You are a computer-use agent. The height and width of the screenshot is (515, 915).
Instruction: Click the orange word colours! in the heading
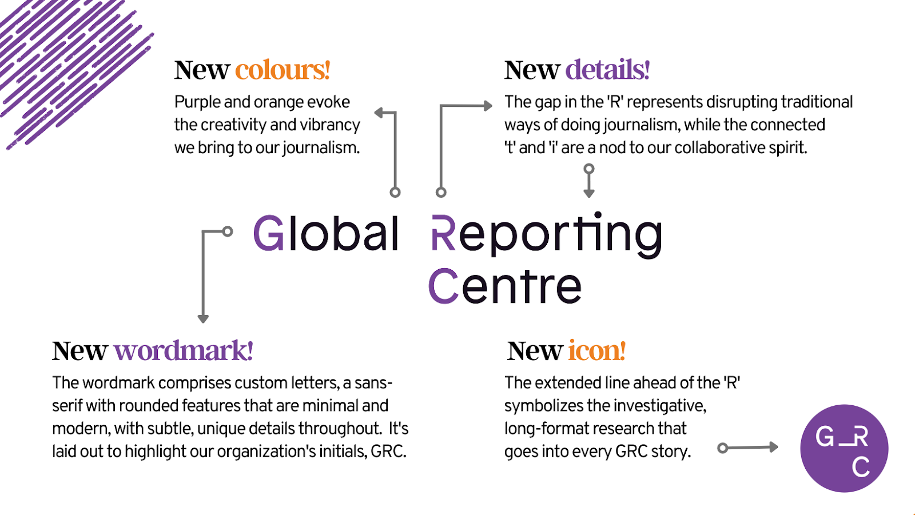283,70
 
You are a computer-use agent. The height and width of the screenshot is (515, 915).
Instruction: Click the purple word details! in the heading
607,70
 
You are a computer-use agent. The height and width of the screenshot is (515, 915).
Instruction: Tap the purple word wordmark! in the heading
183,351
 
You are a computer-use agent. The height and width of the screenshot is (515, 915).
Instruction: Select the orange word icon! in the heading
596,351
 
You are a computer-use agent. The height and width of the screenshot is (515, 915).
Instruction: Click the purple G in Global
269,233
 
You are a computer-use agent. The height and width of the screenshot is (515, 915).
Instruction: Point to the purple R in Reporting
443,233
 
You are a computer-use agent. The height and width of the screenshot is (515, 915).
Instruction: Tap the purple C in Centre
443,286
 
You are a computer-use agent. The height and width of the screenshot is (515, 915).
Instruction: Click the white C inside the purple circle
861,467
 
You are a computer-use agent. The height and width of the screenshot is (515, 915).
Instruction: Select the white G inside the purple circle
825,437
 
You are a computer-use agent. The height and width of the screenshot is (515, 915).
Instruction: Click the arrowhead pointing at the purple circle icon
773,447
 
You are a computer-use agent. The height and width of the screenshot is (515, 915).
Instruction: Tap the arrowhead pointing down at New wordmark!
203,318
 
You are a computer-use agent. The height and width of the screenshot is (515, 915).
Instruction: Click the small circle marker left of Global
228,231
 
